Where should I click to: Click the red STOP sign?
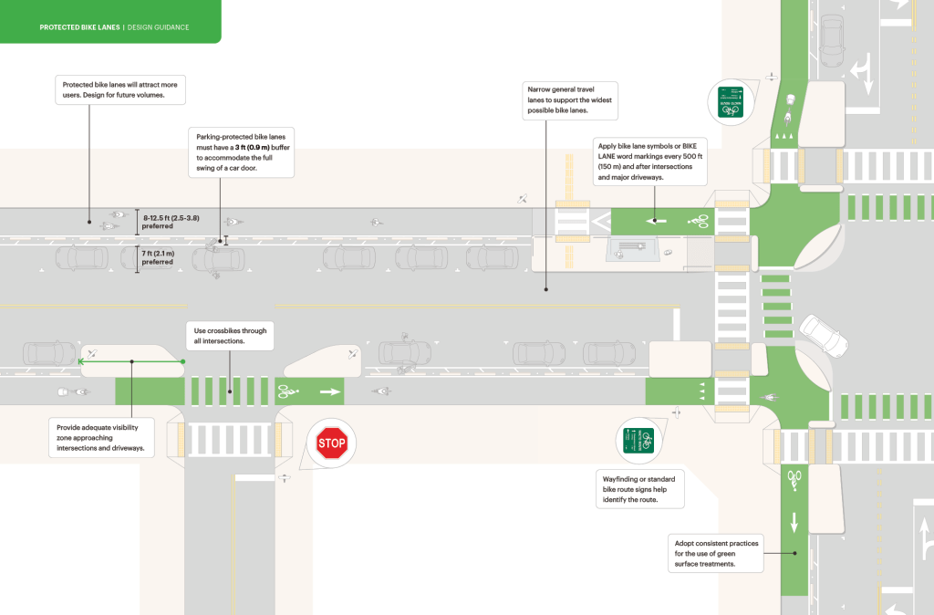(x=332, y=444)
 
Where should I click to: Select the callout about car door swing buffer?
(x=241, y=151)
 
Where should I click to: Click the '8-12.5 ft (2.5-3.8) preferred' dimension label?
(x=171, y=221)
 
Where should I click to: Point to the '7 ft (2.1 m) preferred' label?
(x=157, y=258)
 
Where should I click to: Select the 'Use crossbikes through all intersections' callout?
(x=231, y=336)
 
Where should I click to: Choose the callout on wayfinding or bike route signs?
(x=642, y=488)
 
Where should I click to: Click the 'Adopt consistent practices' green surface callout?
(x=716, y=553)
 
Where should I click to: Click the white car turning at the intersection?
(x=824, y=335)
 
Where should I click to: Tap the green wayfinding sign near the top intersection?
(x=730, y=101)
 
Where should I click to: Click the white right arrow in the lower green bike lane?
(x=327, y=393)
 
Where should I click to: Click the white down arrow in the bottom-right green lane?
(x=794, y=522)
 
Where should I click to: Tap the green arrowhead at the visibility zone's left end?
(x=82, y=361)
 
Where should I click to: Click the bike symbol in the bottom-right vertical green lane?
(x=794, y=477)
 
